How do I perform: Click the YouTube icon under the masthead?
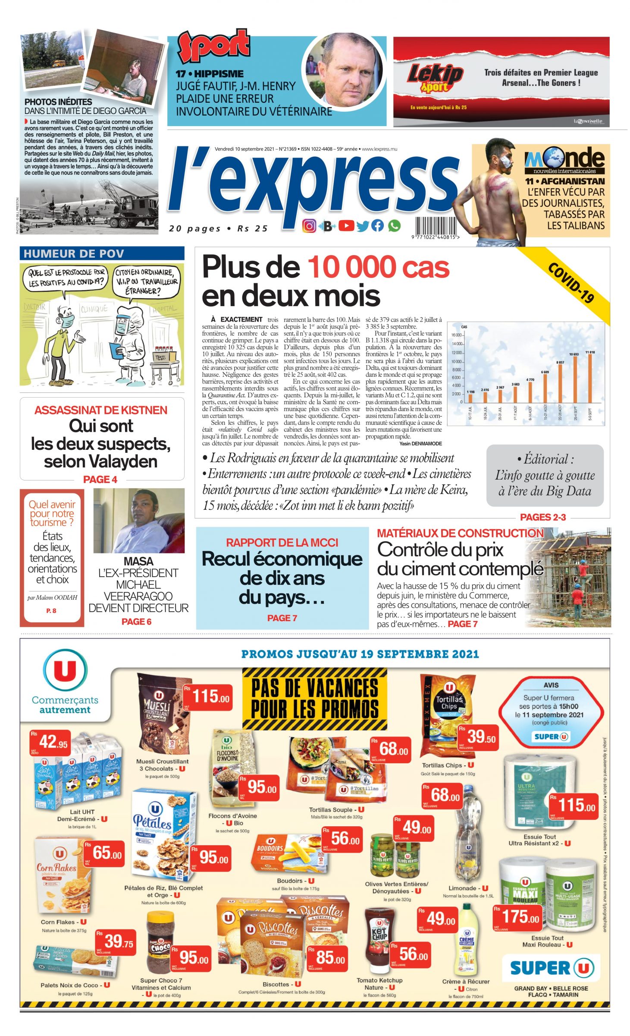click(x=346, y=225)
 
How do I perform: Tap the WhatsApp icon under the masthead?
click(x=394, y=225)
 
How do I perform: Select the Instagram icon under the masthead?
click(x=309, y=226)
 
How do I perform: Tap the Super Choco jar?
click(x=159, y=943)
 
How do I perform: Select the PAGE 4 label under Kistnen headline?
click(x=100, y=479)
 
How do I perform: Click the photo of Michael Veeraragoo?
click(x=139, y=521)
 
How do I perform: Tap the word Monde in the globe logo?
click(x=565, y=158)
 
